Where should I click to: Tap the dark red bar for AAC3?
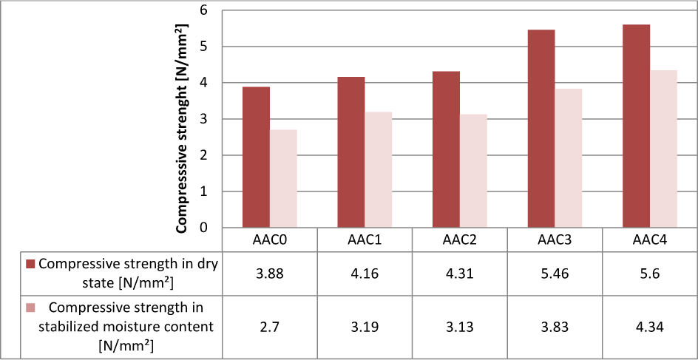(541, 129)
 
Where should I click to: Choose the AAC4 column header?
(650, 240)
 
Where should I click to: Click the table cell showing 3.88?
(270, 274)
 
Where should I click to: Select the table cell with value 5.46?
(555, 274)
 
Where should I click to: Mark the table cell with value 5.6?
(650, 274)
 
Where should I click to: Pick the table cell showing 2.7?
(270, 327)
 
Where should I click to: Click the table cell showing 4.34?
(650, 327)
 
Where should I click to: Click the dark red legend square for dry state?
(30, 265)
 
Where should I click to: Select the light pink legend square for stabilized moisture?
(30, 308)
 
